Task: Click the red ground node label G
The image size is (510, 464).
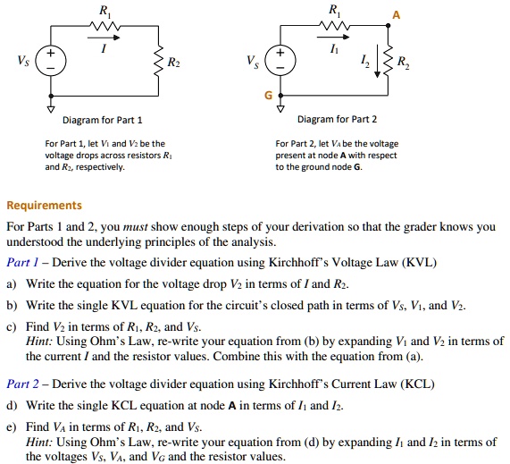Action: [x=265, y=94]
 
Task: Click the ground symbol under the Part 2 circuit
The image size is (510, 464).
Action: [x=282, y=101]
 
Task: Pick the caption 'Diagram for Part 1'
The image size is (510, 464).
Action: [x=102, y=120]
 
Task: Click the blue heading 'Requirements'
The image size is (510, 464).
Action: [x=44, y=205]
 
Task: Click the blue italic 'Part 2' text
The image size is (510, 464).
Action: [x=24, y=384]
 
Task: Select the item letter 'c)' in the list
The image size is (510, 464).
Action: [x=12, y=326]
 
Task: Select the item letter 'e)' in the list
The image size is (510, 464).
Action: [x=12, y=426]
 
